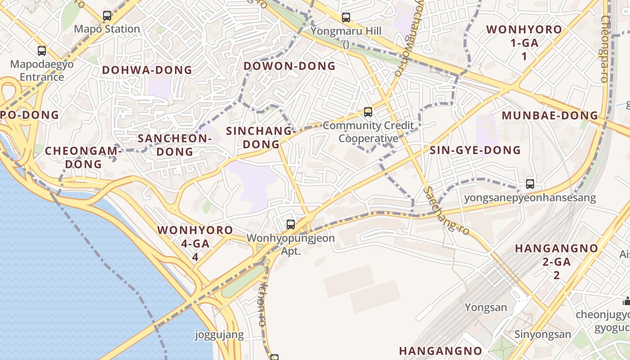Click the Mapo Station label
point(107,29)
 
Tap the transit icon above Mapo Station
point(107,16)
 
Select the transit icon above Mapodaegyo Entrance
point(42,51)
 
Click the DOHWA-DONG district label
point(147,70)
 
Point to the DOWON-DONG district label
point(290,66)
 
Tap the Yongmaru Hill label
point(346,31)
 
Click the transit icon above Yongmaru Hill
point(346,18)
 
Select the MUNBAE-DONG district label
point(550,116)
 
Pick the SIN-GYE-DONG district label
point(475,150)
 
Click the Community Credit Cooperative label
point(369,132)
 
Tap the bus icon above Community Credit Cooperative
point(368,112)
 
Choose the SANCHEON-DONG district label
point(175,145)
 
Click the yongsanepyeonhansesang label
point(530,198)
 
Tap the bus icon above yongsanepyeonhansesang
point(530,184)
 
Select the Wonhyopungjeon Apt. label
point(291,244)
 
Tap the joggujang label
point(219,335)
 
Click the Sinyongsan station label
point(543,334)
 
